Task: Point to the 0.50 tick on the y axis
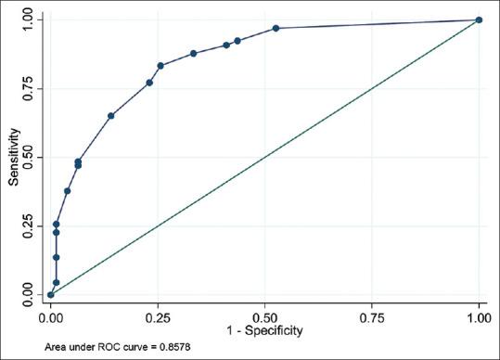pyautogui.click(x=32, y=157)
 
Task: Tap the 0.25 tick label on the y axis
pyautogui.click(x=32, y=225)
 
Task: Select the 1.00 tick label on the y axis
pyautogui.click(x=32, y=19)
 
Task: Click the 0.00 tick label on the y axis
pyautogui.click(x=32, y=294)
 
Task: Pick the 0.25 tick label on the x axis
pyautogui.click(x=158, y=316)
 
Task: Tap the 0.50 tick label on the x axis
pyautogui.click(x=265, y=316)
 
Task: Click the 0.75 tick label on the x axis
pyautogui.click(x=372, y=316)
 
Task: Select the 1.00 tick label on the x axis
pyautogui.click(x=479, y=316)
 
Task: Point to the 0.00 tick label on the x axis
pyautogui.click(x=51, y=316)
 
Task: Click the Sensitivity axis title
pyautogui.click(x=14, y=157)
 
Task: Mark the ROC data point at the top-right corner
pyautogui.click(x=479, y=19)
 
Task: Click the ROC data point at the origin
pyautogui.click(x=51, y=294)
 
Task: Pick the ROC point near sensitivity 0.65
pyautogui.click(x=111, y=116)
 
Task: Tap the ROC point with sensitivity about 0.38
pyautogui.click(x=68, y=191)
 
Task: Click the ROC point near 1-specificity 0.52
pyautogui.click(x=276, y=28)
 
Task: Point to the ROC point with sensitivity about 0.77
pyautogui.click(x=149, y=83)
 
